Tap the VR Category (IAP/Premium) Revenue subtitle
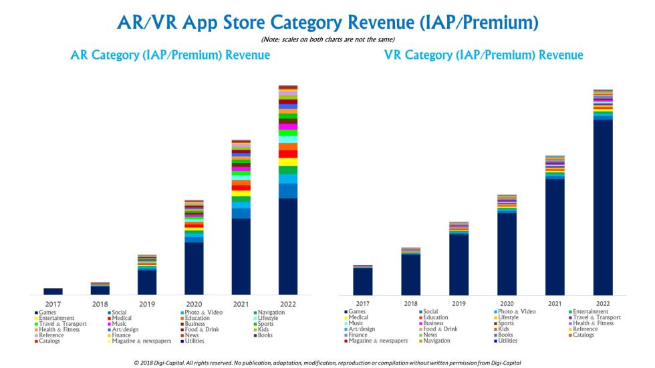tap(483, 55)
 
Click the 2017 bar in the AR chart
tap(53, 291)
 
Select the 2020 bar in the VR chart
tap(507, 254)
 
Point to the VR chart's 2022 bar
tap(603, 207)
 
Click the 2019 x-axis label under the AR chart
tap(147, 304)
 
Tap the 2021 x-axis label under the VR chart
tap(555, 304)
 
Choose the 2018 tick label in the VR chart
tap(411, 304)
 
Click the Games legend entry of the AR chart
tap(47, 312)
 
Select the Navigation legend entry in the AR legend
tap(271, 312)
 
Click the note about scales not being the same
tap(327, 39)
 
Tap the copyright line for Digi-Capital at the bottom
tap(327, 361)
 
